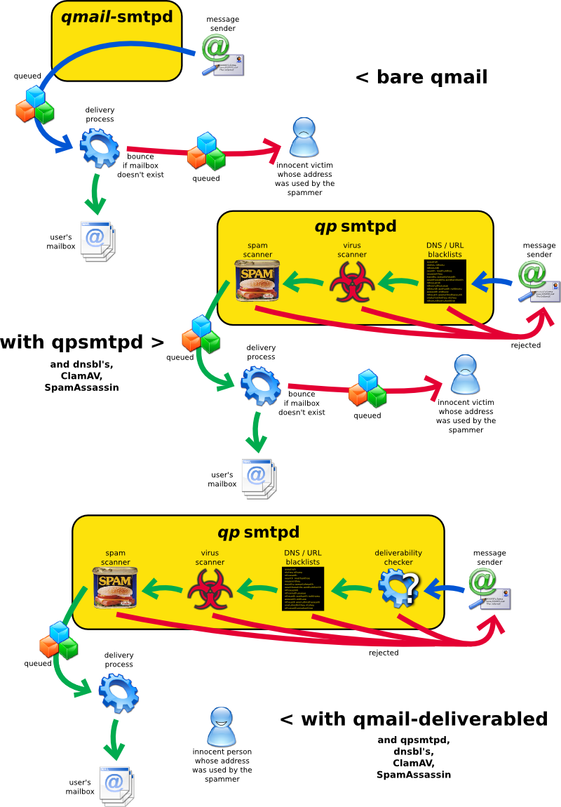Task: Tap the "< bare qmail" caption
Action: click(421, 76)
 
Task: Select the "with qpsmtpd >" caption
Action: click(82, 342)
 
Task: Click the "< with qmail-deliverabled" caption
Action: click(413, 719)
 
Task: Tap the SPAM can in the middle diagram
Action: click(257, 281)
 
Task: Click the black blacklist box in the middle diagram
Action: click(445, 281)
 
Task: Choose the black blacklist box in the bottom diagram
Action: click(302, 588)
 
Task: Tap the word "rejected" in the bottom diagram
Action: click(383, 653)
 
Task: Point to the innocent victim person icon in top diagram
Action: click(304, 137)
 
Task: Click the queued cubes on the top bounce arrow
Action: click(206, 152)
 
